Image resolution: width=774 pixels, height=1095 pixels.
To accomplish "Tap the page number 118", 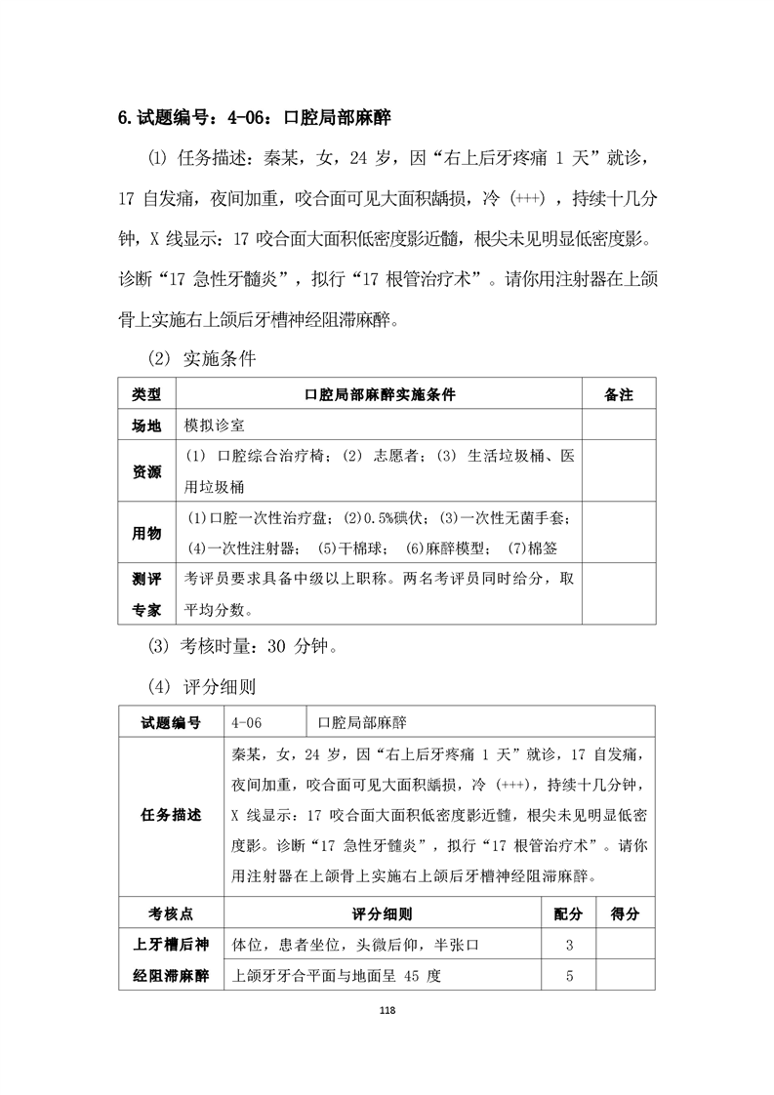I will [x=387, y=1010].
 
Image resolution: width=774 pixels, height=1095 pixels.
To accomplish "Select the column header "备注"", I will [x=619, y=394].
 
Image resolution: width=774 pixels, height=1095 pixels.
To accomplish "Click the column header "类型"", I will [x=146, y=394].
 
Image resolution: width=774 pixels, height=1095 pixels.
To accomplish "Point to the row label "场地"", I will [x=146, y=426].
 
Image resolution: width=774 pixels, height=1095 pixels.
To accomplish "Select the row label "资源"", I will [x=146, y=471].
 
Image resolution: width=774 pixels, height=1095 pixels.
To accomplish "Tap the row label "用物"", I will [x=146, y=533].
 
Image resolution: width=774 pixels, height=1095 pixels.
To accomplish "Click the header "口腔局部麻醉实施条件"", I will [x=380, y=394].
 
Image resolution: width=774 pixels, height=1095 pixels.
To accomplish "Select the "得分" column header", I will [x=625, y=913].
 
